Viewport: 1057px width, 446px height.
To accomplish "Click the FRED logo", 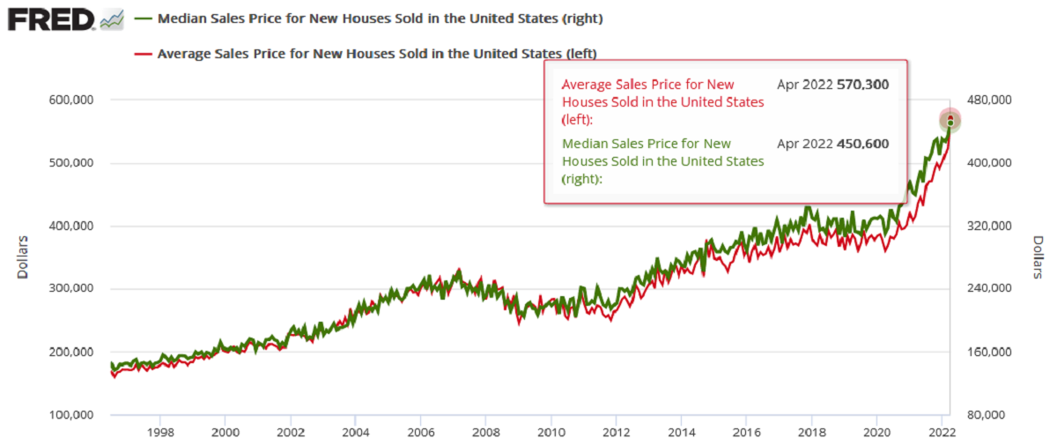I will pos(51,18).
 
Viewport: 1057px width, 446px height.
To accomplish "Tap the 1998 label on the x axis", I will pos(159,433).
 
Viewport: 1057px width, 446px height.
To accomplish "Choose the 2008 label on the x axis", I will pos(485,433).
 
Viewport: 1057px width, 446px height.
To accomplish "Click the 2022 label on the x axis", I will pos(942,433).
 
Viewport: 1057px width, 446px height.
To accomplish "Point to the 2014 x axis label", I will pos(681,433).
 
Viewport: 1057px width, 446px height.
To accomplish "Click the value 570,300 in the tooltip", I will pos(863,85).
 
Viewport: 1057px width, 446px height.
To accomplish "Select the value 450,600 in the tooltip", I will pos(863,144).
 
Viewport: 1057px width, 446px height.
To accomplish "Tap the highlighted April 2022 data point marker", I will pos(950,120).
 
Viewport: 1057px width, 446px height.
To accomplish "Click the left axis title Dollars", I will pos(23,256).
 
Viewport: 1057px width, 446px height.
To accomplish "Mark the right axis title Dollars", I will pos(1038,256).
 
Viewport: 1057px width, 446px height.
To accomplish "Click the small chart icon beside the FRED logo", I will pos(112,19).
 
